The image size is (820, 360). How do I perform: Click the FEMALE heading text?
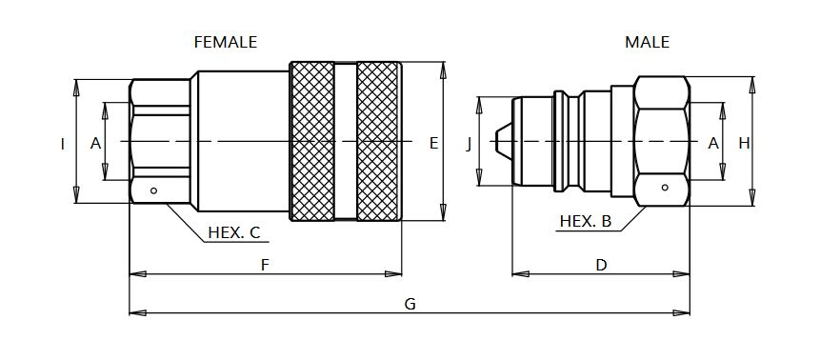point(226,42)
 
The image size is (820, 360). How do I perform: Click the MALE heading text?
point(647,42)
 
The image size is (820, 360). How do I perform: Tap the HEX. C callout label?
point(233,232)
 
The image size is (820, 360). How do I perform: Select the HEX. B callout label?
point(585,221)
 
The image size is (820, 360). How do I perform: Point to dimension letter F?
point(265,266)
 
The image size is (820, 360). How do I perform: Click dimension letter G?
point(410,304)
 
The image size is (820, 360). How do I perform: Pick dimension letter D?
point(601,266)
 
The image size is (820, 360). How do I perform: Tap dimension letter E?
point(433,143)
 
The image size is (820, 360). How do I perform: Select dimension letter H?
point(744,143)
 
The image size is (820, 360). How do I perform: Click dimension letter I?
point(63,144)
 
